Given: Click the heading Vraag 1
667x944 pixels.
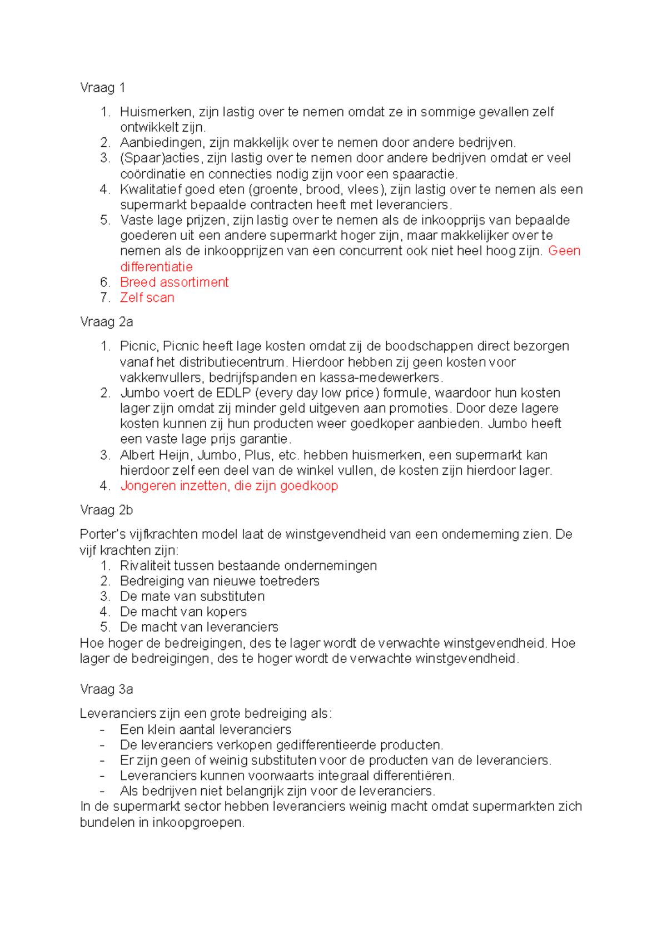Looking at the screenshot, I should [102, 88].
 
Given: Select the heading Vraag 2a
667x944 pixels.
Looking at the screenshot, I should [106, 322].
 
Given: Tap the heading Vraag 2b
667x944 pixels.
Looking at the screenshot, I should [106, 510].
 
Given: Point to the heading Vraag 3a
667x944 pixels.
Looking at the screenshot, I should [106, 689].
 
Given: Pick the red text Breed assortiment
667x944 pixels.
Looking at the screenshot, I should [174, 282].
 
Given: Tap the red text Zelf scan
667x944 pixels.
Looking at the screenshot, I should [147, 298].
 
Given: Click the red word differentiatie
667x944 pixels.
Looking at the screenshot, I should [156, 267].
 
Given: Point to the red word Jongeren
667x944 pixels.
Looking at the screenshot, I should [147, 486].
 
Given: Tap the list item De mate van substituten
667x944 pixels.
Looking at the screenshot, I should [192, 597].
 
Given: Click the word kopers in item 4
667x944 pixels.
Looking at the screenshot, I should [226, 612].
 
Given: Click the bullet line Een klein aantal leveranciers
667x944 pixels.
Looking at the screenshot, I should [205, 730].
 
